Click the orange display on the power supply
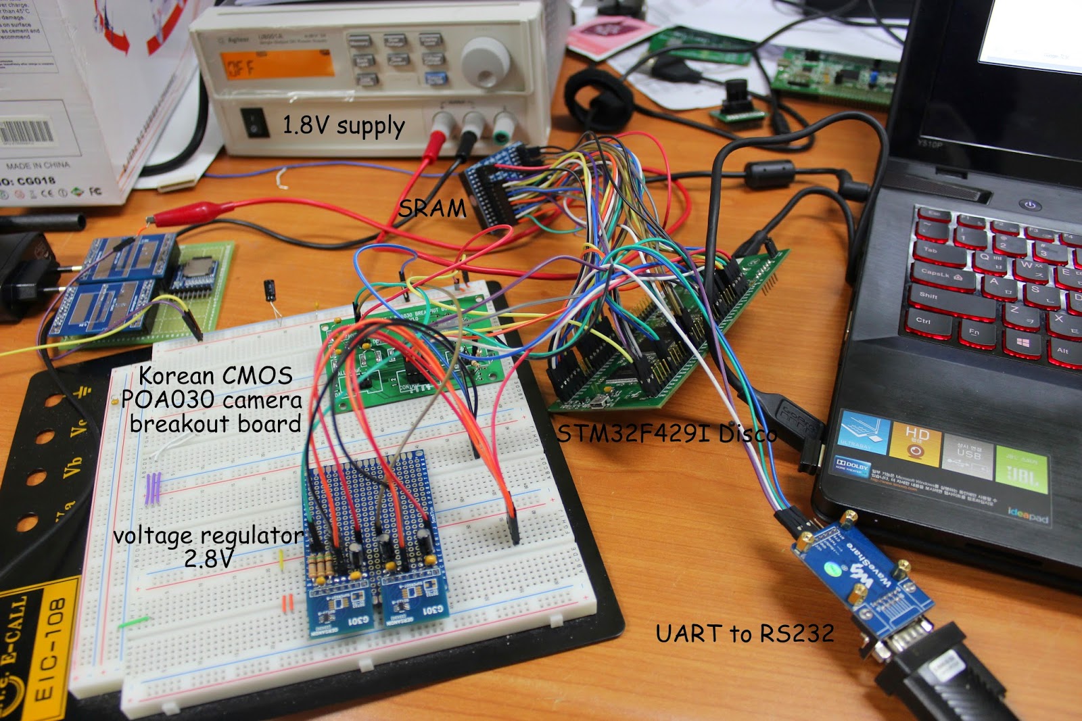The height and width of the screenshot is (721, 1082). click(x=277, y=66)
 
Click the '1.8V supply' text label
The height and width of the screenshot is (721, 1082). click(x=343, y=125)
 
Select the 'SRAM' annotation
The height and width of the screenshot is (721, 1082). click(x=432, y=208)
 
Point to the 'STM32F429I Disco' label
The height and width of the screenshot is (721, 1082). click(x=666, y=433)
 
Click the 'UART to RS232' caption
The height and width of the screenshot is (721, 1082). click(x=745, y=634)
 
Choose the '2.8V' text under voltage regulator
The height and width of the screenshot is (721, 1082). click(x=208, y=559)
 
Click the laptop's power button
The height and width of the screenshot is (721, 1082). click(x=1030, y=204)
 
